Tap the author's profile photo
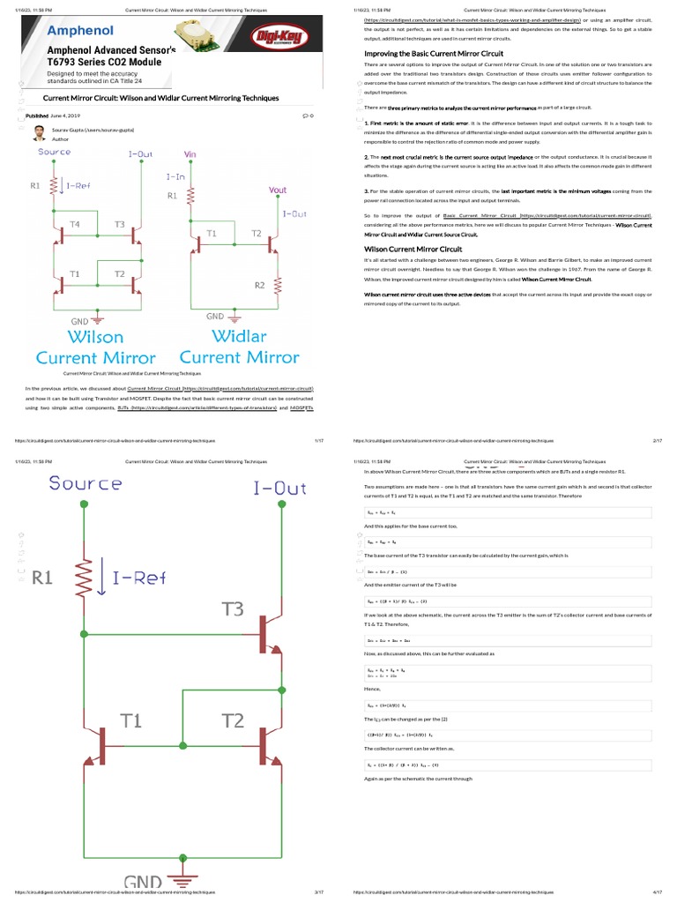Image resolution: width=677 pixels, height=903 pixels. (x=40, y=133)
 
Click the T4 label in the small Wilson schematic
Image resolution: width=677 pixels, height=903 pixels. (x=76, y=225)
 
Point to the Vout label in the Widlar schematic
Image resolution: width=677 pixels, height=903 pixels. (x=277, y=190)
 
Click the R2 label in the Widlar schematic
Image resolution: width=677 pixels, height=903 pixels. (x=259, y=285)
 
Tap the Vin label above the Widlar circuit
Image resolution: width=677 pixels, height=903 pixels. (x=190, y=153)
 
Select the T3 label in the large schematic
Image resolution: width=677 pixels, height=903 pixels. (x=233, y=609)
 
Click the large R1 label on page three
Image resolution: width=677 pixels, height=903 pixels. (x=45, y=578)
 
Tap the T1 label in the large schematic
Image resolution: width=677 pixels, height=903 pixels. (x=130, y=720)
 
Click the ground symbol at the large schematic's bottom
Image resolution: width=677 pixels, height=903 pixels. (x=183, y=884)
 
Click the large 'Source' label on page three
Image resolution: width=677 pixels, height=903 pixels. (x=86, y=483)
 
